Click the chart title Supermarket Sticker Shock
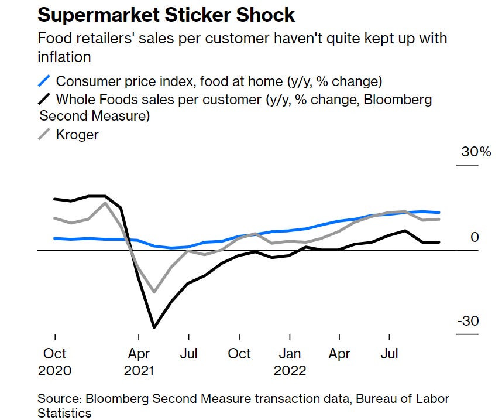[166, 13]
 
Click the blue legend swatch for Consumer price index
[44, 81]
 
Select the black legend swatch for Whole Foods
[44, 99]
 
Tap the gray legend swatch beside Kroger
[44, 134]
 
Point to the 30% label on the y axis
[476, 152]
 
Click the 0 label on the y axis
[475, 237]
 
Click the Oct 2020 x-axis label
[54, 362]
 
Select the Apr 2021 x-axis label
[138, 362]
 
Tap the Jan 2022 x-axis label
[290, 362]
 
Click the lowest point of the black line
[154, 327]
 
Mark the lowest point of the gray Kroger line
[154, 292]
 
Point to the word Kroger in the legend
[77, 134]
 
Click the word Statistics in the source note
[65, 413]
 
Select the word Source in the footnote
[59, 399]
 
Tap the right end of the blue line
[439, 213]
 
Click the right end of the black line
[439, 242]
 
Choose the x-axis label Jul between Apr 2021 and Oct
[188, 354]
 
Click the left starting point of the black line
[54, 199]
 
